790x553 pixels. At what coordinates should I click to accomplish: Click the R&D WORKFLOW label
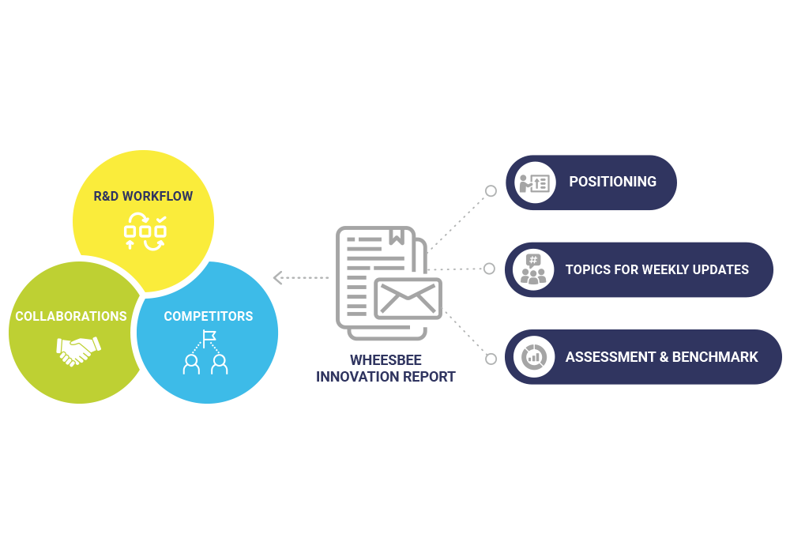click(143, 196)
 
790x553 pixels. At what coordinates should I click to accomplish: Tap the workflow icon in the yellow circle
click(145, 231)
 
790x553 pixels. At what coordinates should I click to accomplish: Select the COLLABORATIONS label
click(71, 316)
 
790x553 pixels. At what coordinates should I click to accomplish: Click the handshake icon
click(79, 350)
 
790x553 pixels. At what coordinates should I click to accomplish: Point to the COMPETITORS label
click(209, 316)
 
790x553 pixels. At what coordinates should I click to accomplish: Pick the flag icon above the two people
click(209, 338)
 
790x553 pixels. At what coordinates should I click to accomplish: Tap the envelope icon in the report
click(408, 299)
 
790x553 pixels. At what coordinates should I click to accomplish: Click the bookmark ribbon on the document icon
click(397, 235)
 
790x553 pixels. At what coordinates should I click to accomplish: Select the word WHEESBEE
click(386, 360)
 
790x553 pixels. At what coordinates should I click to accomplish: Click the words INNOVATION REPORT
click(386, 377)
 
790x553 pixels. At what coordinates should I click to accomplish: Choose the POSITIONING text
click(612, 182)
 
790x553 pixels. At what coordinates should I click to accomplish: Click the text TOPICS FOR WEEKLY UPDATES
click(656, 269)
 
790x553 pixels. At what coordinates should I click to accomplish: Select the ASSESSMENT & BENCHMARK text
click(661, 357)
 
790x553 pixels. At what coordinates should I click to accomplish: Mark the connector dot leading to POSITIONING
click(491, 191)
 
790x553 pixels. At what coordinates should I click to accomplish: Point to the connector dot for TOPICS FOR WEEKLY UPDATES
click(490, 269)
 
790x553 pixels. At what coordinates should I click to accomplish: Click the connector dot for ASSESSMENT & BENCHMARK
click(491, 359)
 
